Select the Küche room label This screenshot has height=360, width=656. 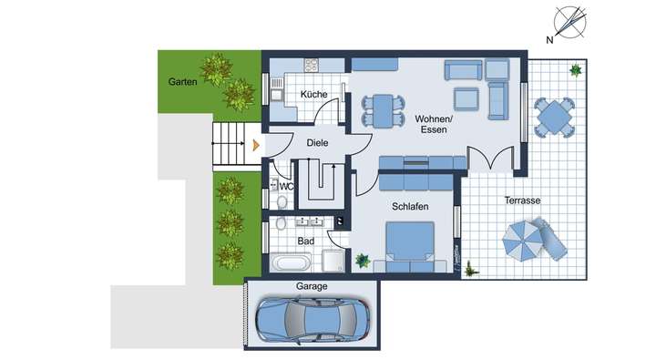tap(314, 95)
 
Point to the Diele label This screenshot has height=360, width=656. tap(317, 142)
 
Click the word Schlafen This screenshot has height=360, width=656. tap(411, 207)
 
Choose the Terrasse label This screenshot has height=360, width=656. tap(523, 201)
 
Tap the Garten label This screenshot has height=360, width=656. tap(182, 82)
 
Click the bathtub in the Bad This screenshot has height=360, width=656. tap(292, 263)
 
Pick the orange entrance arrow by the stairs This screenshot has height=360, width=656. tap(256, 143)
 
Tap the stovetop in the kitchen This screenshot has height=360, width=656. tap(312, 66)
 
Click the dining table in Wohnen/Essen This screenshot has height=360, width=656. tap(382, 109)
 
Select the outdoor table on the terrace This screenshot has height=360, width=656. tap(555, 118)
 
